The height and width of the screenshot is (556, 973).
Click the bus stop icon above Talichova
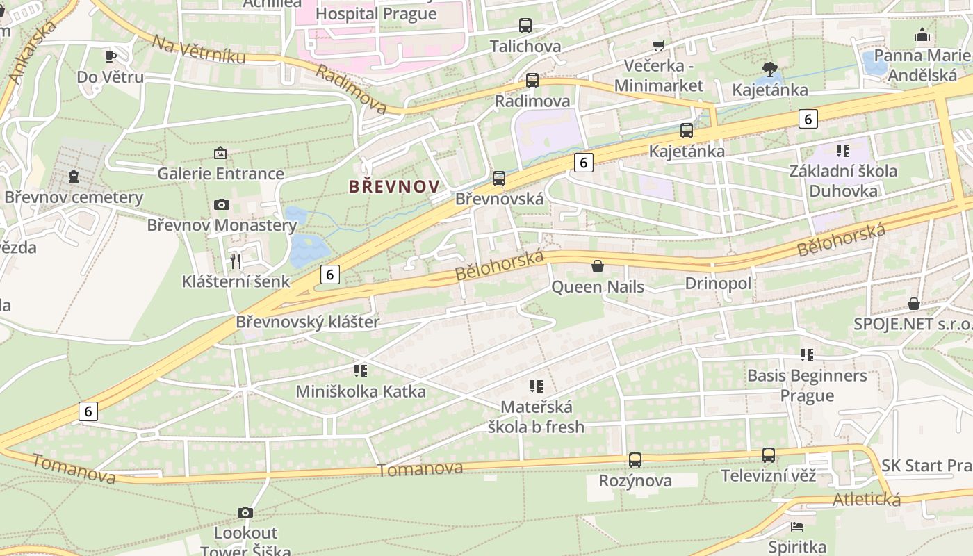pos(525,26)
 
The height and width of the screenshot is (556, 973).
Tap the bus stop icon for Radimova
pos(532,81)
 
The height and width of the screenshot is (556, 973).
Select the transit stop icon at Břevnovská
pos(499,179)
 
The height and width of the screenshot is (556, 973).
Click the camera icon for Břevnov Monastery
pos(222,204)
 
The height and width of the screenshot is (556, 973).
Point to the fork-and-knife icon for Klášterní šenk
pos(236,261)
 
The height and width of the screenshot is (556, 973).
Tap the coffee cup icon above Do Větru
pos(111,56)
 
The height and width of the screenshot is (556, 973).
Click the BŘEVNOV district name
pos(394,186)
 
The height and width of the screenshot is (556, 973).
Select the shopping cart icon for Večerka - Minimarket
pos(658,46)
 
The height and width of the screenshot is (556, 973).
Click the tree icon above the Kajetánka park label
pos(769,69)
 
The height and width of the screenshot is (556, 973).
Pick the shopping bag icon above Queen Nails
pos(597,266)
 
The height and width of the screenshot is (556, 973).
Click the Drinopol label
pos(718,284)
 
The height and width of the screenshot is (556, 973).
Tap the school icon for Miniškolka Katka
pos(360,370)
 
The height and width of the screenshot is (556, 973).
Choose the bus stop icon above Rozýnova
pos(635,459)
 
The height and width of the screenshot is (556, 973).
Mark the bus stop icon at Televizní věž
pos(769,455)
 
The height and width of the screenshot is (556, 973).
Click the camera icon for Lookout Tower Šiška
pos(245,512)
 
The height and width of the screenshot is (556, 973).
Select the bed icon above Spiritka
pos(797,526)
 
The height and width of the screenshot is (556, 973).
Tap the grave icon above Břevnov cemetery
pos(74,177)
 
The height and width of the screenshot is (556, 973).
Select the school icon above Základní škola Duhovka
pos(843,150)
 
